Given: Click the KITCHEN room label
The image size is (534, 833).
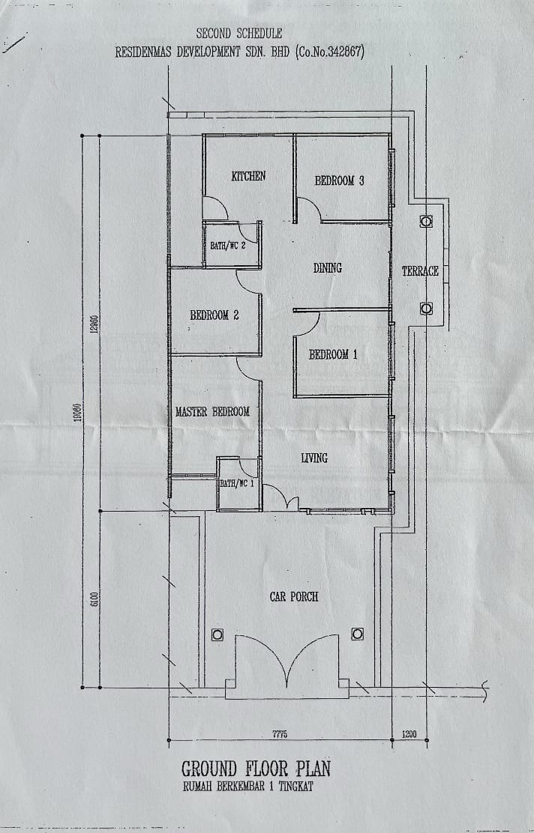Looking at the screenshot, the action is point(248,176).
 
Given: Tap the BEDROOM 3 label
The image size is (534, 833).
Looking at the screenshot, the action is point(339,181).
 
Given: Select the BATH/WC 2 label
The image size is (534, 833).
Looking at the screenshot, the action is point(228,246).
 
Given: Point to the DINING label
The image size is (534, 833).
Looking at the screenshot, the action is point(327,268).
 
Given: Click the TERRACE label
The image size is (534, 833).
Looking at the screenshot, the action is point(420,271).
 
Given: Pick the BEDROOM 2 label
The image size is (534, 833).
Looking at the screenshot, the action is point(214,315).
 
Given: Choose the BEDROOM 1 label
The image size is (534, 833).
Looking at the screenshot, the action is point(333,354).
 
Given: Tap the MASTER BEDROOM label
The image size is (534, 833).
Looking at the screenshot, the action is point(212,412).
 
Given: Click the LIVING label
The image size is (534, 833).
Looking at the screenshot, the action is point(313,458).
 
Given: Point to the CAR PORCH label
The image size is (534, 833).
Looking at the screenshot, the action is point(293,596).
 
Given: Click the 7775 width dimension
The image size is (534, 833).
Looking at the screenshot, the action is point(280,735).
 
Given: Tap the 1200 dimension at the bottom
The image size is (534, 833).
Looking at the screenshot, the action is point(409,735).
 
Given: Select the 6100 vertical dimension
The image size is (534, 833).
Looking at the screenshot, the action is point(94,599).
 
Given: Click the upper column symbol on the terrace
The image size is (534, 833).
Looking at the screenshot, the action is point(426,222).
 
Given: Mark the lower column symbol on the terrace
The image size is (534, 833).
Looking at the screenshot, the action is point(426,309).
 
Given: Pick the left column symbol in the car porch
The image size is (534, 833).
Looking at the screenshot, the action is point(217,634).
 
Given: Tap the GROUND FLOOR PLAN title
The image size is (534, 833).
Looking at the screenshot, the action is point(256,769).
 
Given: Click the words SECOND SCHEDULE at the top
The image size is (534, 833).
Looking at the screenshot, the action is point(238,34).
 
